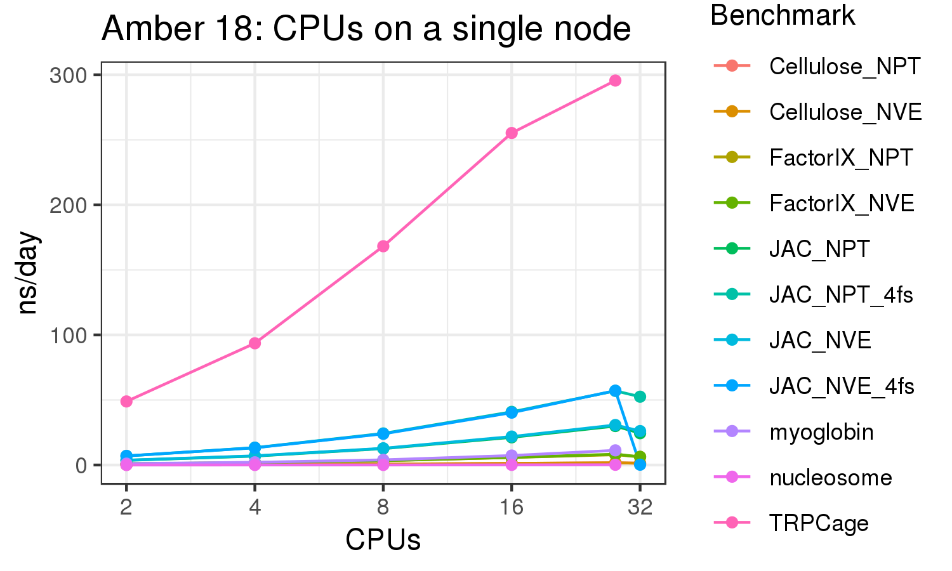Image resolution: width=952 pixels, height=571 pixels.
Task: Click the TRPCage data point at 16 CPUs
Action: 512,133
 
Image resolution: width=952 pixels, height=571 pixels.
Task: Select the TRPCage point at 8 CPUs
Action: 383,246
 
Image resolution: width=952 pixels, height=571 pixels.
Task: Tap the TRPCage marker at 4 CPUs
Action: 255,343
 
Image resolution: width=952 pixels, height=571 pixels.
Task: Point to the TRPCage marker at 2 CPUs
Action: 126,402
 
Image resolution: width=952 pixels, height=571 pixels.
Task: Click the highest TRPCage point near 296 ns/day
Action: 615,81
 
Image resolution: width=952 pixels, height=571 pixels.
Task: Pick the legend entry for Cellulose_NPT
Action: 844,66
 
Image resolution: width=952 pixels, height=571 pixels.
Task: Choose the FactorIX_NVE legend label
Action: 842,204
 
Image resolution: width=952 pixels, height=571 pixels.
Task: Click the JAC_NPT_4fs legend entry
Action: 841,295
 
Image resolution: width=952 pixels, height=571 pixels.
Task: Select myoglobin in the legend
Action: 821,432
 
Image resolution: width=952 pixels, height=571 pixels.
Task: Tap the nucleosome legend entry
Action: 830,478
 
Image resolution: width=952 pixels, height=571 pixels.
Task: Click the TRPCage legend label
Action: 819,523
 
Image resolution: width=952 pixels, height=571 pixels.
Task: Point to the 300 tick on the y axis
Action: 68,75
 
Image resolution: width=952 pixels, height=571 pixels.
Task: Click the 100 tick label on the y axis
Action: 68,336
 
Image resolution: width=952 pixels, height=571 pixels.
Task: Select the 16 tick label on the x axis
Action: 511,508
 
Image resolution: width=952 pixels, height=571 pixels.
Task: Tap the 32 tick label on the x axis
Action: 640,508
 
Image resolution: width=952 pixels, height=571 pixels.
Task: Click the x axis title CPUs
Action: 383,540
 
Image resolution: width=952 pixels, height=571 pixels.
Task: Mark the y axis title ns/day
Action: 29,273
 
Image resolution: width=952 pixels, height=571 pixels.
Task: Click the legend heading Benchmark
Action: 783,15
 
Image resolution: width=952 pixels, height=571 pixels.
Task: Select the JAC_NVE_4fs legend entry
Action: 842,386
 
